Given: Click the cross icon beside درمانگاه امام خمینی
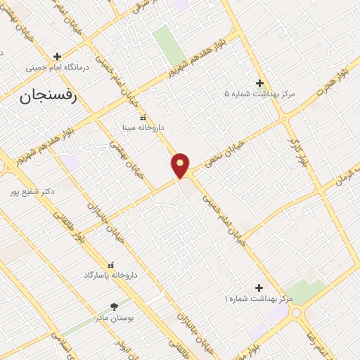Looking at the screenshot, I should pos(58,56).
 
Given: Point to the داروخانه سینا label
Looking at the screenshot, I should pos(143,128).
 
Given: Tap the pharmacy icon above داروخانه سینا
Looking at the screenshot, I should pos(143,117).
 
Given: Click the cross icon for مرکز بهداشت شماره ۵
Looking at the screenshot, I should pos(259,82).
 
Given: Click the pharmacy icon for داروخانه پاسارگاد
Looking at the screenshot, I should pos(110,264).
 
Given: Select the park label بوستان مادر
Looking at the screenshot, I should pos(115,318).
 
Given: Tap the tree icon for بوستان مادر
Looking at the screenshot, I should pos(114,307).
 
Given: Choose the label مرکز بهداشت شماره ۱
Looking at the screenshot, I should pos(258,300).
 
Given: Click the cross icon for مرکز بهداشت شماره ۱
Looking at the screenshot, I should pos(259,288).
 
